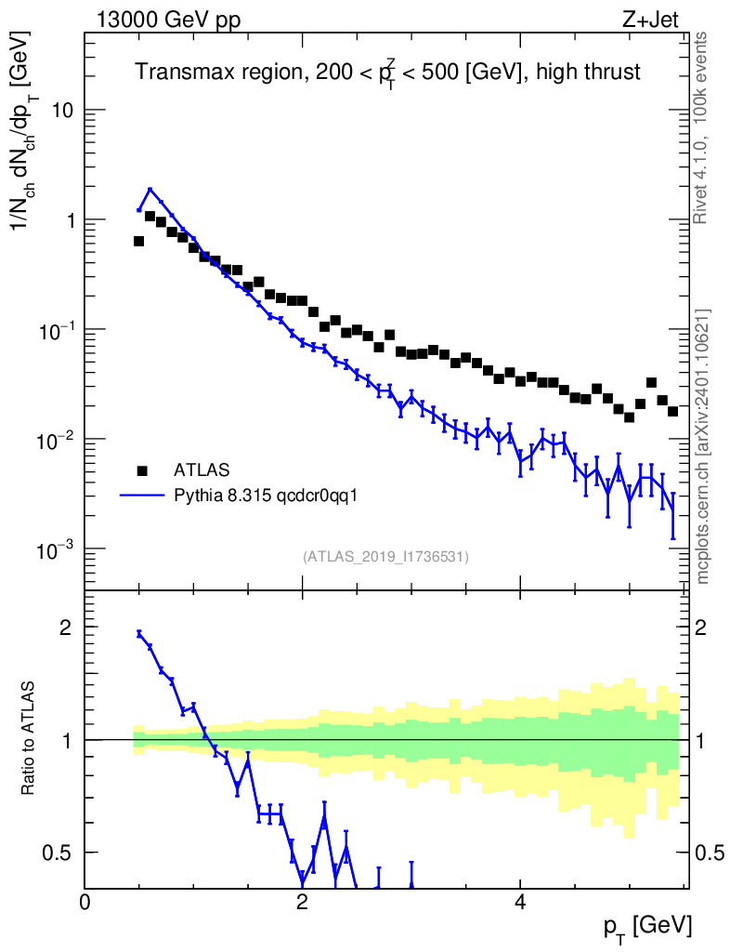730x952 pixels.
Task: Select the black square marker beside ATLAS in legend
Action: tap(142, 469)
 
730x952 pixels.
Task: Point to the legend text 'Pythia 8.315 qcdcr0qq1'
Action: tap(267, 496)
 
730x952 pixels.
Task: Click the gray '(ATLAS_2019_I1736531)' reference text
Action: tap(385, 557)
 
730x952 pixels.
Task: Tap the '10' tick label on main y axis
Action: tap(62, 111)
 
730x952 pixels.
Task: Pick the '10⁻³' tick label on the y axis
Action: tap(56, 549)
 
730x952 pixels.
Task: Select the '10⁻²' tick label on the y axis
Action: tap(56, 439)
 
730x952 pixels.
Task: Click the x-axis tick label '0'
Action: tap(85, 901)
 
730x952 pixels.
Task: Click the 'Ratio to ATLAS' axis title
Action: tap(30, 740)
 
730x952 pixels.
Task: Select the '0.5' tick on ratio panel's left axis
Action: tap(59, 853)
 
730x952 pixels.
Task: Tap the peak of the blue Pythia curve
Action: tap(150, 190)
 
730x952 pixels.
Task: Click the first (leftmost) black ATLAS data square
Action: tap(138, 241)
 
